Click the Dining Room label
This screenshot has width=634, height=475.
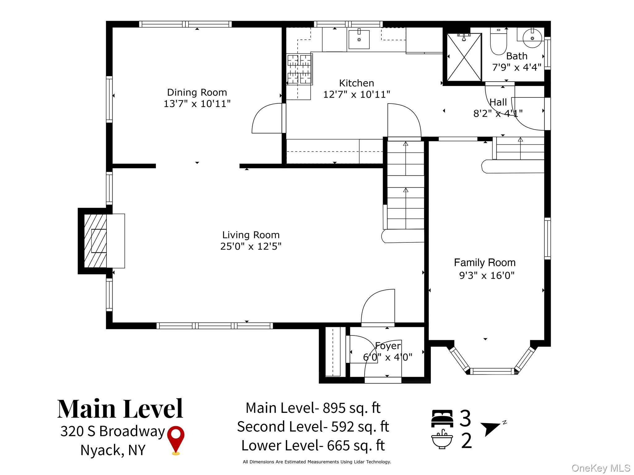click(197, 92)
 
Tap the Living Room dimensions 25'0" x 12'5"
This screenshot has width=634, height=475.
click(251, 246)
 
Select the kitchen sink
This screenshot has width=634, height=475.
click(359, 39)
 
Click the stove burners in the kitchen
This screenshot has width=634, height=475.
click(299, 69)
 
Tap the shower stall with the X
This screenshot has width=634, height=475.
click(464, 58)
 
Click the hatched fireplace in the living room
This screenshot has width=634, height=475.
click(95, 241)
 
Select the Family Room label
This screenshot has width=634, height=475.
click(485, 263)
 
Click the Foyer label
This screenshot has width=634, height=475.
click(388, 346)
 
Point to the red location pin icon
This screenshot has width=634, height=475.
click(176, 440)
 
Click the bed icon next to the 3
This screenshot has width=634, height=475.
click(442, 418)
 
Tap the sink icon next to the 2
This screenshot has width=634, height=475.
click(442, 439)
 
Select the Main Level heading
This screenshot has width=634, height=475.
click(120, 409)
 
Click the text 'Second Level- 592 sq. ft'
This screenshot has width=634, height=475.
click(313, 427)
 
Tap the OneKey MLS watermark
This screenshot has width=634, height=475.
click(601, 468)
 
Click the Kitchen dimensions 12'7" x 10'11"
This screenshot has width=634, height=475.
click(357, 94)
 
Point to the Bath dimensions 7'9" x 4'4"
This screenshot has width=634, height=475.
click(517, 67)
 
